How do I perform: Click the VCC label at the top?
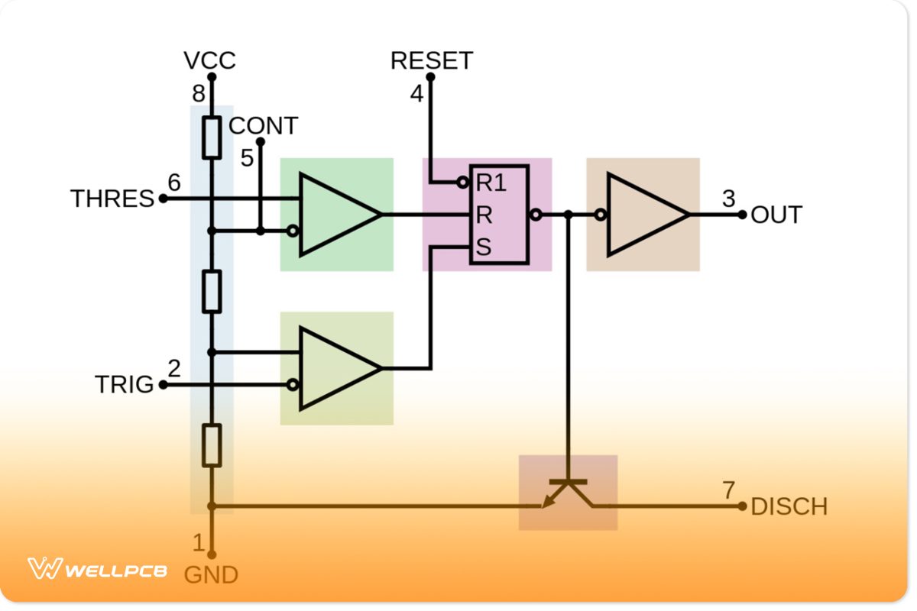click(x=210, y=60)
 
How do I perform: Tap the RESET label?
click(x=431, y=60)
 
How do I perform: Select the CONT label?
click(x=263, y=125)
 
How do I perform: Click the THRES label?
click(x=112, y=199)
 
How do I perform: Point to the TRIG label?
click(x=124, y=384)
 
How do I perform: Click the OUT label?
click(x=776, y=215)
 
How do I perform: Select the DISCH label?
click(x=789, y=506)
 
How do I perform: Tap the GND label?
click(x=211, y=574)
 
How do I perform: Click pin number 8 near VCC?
click(x=198, y=94)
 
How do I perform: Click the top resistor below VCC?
click(x=212, y=137)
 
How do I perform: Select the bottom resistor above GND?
click(x=212, y=445)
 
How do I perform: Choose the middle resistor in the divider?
click(x=212, y=291)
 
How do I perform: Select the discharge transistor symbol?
click(x=568, y=493)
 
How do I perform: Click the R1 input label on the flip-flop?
click(x=491, y=183)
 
